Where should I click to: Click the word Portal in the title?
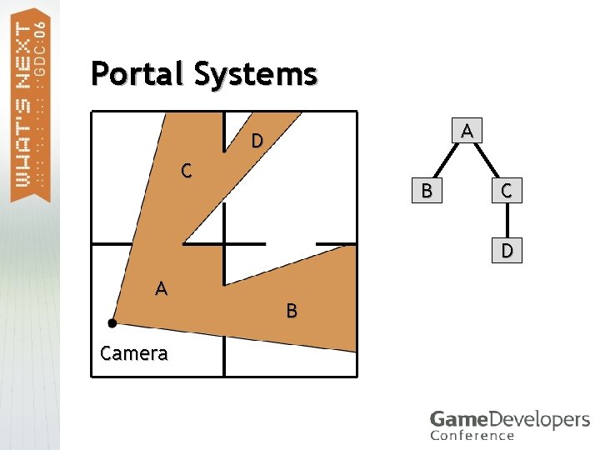[137, 74]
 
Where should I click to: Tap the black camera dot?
[112, 322]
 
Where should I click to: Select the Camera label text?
[133, 353]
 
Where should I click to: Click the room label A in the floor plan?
[162, 289]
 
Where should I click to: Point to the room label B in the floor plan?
[292, 312]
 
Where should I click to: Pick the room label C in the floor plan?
[188, 172]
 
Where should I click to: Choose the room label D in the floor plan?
[257, 141]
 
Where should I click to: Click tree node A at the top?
[467, 131]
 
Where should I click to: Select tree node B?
[427, 191]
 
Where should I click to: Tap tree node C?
[507, 191]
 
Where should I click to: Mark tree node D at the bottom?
[507, 251]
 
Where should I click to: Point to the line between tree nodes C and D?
[507, 221]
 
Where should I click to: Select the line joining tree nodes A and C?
[487, 161]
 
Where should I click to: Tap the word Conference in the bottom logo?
[472, 435]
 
